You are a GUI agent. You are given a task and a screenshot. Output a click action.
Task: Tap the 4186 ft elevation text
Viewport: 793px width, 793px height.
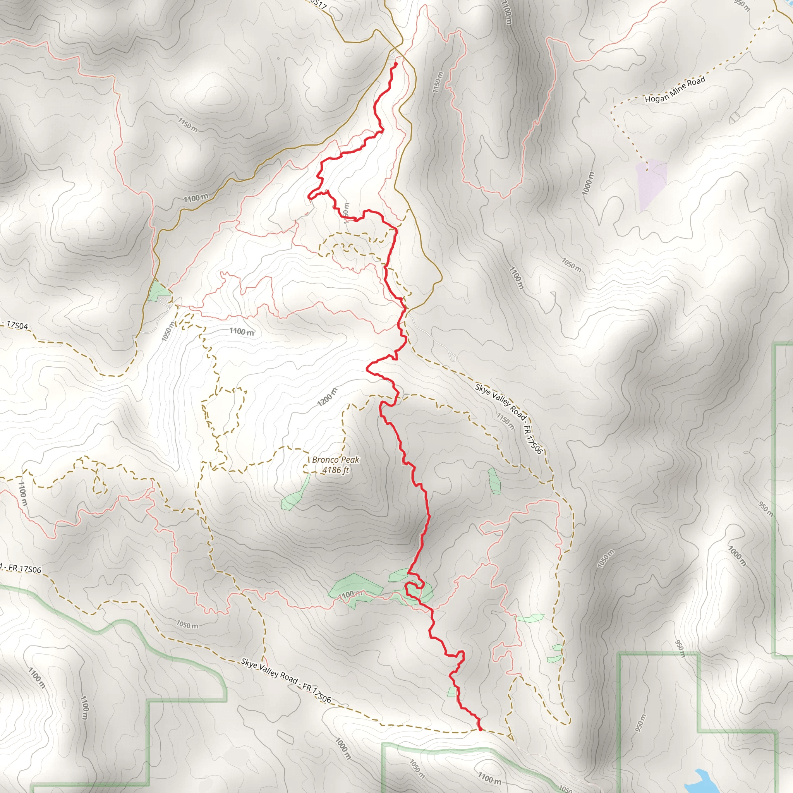tap(335, 470)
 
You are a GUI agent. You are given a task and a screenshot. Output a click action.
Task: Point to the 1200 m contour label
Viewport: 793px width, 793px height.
tap(327, 397)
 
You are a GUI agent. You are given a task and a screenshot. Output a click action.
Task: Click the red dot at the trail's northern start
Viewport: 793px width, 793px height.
tap(395, 64)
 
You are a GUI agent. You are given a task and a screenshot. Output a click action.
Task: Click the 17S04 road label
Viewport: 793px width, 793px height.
tap(17, 326)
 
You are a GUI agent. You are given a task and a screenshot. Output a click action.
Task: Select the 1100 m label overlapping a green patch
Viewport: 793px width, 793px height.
tap(350, 594)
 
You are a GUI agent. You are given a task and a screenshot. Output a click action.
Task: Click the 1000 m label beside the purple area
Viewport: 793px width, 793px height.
tap(588, 183)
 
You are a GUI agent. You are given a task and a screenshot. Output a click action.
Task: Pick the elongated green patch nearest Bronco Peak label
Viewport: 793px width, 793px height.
tap(295, 492)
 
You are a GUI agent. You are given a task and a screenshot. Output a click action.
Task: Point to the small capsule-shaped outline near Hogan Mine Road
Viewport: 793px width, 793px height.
tap(734, 118)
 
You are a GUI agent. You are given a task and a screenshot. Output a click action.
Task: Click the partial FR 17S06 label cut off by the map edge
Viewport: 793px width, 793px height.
tap(21, 568)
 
